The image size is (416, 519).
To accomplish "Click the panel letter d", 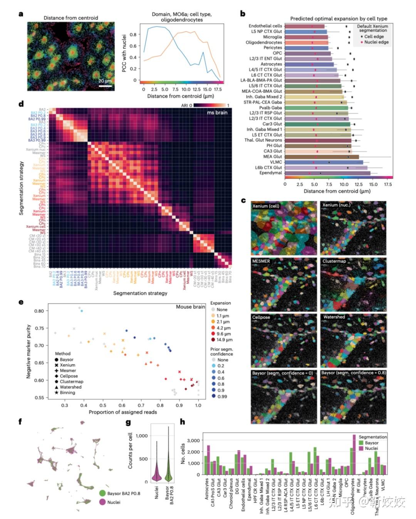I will (21, 104).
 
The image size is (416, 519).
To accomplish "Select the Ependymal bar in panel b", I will (327, 173).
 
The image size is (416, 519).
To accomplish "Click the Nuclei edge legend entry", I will (376, 42).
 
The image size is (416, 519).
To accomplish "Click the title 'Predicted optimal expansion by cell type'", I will (339, 18).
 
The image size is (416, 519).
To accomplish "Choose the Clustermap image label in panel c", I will (334, 261).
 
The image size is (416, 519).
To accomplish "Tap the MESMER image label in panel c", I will (261, 261).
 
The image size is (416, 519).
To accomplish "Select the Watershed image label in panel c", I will (334, 317).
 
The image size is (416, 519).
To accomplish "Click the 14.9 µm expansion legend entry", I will (224, 340).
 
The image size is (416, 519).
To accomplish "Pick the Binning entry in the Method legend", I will (67, 393).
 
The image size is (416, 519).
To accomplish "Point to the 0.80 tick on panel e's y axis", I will (39, 311).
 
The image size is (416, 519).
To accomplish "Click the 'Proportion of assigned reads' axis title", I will (123, 412).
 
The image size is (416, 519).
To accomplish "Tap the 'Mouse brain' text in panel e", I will (190, 307).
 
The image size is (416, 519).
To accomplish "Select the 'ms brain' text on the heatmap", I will (217, 113).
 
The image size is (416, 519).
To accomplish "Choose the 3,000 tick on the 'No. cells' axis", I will (193, 440).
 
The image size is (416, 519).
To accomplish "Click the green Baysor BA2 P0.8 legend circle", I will (102, 493).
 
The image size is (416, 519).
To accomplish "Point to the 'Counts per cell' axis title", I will (130, 450).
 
